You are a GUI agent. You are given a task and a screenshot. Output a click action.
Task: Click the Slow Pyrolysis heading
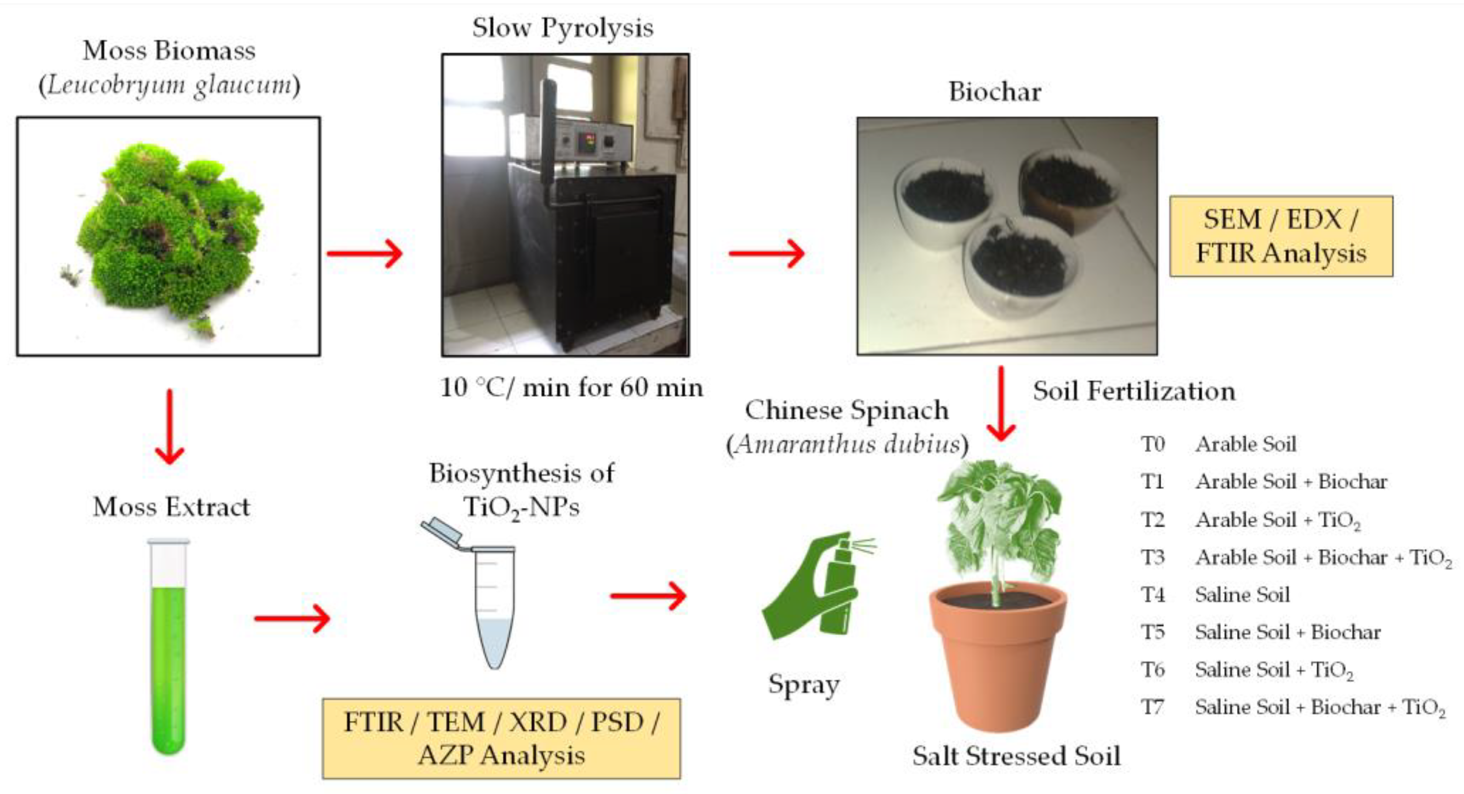tap(562, 27)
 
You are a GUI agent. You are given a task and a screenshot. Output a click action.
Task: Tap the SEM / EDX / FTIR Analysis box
tap(1281, 236)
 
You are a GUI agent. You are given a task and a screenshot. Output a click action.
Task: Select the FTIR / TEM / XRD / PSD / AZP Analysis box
tap(500, 738)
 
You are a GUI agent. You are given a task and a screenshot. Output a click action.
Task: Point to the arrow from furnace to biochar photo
tap(767, 253)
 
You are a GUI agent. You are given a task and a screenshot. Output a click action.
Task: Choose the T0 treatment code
tap(1153, 444)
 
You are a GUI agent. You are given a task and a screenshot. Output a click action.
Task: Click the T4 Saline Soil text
tap(1242, 594)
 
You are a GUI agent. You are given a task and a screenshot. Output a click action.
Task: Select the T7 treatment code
tap(1153, 707)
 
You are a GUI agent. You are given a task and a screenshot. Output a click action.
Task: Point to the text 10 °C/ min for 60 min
tap(571, 388)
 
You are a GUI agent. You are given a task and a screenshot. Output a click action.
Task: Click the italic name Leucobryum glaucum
tap(169, 85)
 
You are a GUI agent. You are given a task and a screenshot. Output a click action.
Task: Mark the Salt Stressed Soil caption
tap(1016, 756)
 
